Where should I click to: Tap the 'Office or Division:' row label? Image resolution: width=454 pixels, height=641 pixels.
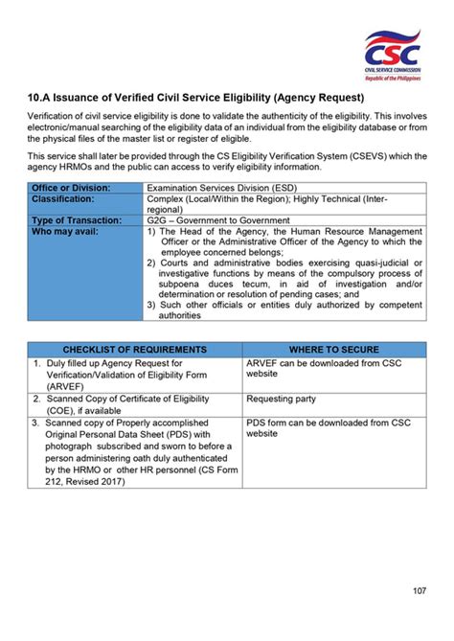[72, 187]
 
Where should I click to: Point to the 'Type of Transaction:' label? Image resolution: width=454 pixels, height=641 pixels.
[77, 220]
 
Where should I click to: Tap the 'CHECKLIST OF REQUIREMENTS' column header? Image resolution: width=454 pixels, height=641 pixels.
[134, 350]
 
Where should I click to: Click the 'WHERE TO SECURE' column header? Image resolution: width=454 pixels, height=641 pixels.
[333, 350]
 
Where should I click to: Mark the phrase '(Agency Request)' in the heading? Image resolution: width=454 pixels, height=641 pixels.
[320, 98]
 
